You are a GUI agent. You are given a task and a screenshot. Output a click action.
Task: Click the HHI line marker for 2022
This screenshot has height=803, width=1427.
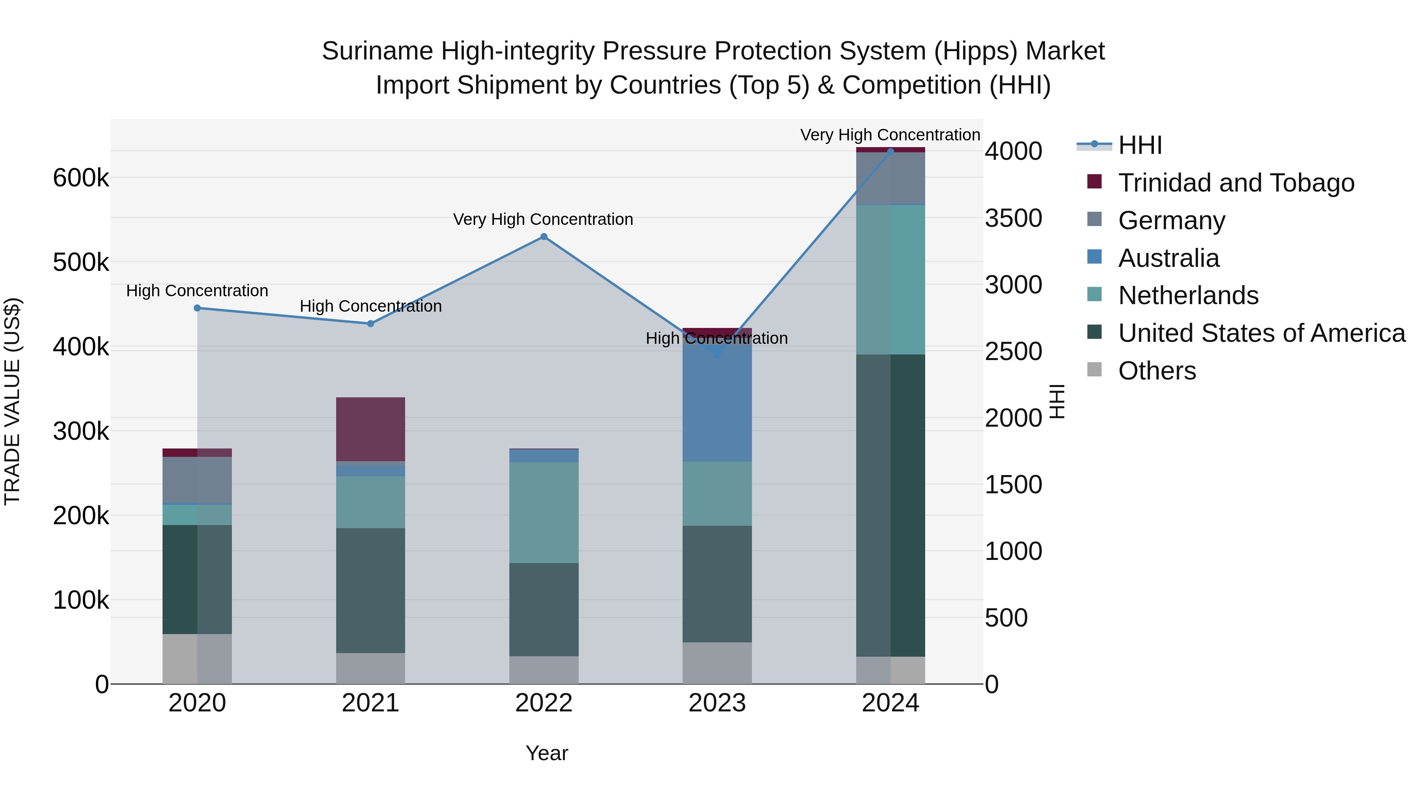tap(543, 237)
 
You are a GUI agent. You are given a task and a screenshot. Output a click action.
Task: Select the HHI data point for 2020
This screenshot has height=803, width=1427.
tap(197, 308)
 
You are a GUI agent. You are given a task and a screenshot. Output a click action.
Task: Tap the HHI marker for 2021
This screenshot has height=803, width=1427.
tap(371, 324)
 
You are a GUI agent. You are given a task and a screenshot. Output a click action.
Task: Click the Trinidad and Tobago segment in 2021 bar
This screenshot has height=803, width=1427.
tap(371, 429)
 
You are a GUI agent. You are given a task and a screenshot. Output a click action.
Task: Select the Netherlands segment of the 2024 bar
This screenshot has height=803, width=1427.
tap(890, 280)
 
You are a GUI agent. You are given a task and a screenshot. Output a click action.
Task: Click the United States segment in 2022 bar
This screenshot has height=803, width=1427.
tap(543, 609)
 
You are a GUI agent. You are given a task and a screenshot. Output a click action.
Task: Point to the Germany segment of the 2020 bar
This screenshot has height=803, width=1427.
tap(197, 480)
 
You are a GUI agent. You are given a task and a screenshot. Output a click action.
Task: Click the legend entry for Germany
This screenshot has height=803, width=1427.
tap(1172, 220)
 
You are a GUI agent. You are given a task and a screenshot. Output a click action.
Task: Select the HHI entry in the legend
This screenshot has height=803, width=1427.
tap(1140, 145)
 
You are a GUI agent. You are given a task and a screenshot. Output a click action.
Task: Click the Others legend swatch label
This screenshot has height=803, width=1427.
tap(1157, 371)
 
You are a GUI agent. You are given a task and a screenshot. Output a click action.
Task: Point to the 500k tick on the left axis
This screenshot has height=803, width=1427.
tap(81, 263)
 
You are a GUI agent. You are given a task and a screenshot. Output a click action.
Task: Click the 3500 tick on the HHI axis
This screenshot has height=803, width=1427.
tap(1013, 218)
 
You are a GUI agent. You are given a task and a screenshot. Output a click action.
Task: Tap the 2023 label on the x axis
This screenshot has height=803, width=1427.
tap(717, 703)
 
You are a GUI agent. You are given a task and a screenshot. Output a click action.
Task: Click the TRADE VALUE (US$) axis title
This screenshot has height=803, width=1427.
tap(12, 401)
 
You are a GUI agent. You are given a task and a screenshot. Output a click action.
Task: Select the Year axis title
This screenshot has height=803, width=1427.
tap(547, 753)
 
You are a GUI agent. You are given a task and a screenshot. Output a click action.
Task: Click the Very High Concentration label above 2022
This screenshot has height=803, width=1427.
tap(543, 219)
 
